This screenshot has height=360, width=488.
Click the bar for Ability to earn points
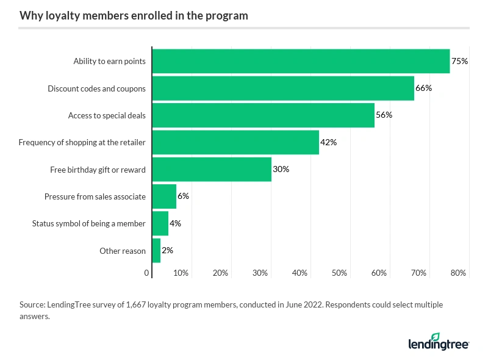[301, 61]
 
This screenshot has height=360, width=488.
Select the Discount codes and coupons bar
[283, 88]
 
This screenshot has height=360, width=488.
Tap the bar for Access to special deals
[263, 115]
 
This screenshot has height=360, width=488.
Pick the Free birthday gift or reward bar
[212, 169]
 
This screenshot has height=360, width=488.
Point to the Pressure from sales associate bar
[164, 196]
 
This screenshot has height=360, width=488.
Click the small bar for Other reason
[156, 251]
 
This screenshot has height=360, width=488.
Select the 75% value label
[459, 61]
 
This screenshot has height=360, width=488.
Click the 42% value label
[328, 142]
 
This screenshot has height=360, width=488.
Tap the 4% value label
[175, 223]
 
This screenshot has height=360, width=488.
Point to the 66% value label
[423, 88]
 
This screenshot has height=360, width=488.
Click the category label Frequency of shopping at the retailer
[82, 142]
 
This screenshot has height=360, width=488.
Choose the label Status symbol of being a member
[88, 223]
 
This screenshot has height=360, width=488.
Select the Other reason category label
[123, 251]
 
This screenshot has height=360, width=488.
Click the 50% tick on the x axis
[339, 273]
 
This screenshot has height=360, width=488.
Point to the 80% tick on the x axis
[458, 273]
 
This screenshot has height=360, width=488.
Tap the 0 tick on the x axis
[147, 273]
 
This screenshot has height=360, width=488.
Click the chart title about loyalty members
[134, 16]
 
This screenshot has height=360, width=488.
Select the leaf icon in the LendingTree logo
[436, 337]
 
